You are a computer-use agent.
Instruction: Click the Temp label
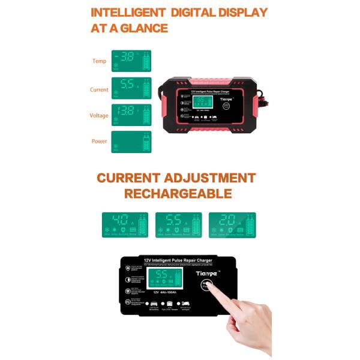99,61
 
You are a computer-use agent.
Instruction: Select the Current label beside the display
99,89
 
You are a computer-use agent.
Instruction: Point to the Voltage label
99,115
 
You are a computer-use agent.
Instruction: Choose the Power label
99,142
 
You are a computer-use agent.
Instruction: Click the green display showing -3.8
131,61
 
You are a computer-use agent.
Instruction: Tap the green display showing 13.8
131,115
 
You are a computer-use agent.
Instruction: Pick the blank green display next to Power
131,142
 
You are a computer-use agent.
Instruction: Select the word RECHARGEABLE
178,194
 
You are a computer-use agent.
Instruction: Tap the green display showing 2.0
232,224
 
